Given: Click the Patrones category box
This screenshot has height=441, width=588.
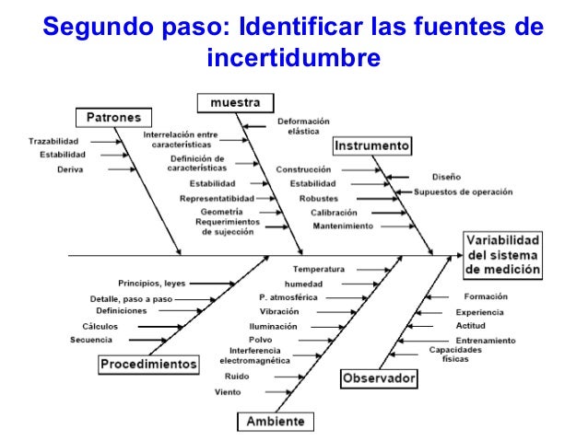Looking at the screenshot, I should (x=113, y=118).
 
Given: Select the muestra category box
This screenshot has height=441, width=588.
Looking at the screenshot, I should (x=234, y=101).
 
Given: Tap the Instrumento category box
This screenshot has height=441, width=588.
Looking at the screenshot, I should (x=372, y=146).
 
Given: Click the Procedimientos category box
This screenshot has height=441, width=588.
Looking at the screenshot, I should (x=148, y=364).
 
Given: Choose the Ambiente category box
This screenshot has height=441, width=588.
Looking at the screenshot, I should (x=274, y=422).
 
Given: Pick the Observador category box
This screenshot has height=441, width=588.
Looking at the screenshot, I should (x=379, y=377).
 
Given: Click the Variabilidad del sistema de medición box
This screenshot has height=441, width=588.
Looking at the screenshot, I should (x=502, y=255).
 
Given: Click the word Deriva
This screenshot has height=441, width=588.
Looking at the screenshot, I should (x=70, y=169).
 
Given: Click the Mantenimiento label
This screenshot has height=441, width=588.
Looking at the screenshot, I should (x=343, y=226).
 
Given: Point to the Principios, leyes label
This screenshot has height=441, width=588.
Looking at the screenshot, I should (x=151, y=283).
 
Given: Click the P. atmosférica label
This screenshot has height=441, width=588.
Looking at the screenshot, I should (x=288, y=297).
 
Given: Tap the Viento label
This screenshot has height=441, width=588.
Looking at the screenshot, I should (x=228, y=392).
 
